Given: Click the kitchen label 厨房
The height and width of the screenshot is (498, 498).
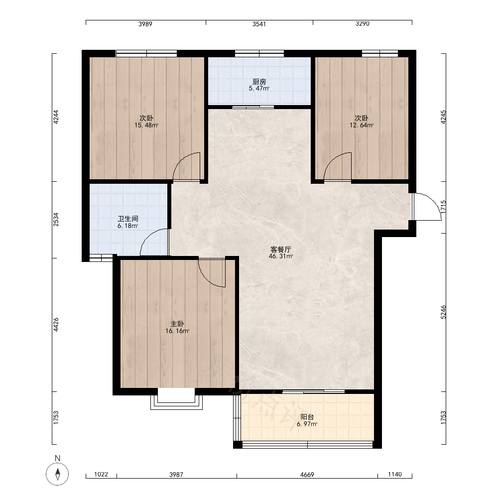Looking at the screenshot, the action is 259,82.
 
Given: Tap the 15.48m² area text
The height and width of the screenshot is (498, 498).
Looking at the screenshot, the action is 146,125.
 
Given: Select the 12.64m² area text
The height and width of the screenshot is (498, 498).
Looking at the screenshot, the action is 362,125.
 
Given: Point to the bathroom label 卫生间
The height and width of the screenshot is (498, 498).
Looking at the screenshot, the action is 127,219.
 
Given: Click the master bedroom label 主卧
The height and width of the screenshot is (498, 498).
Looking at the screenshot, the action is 177,324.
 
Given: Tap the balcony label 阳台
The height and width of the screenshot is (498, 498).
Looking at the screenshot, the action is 307,417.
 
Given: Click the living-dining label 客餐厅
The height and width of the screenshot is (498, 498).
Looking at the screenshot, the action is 280,249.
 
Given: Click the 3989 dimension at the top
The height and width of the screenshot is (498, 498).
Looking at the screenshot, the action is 145,24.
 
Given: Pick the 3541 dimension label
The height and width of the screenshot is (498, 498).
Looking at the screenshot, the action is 259,24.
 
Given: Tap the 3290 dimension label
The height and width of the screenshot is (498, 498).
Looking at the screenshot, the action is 363,24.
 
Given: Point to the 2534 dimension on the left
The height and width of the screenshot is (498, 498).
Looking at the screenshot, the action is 56,220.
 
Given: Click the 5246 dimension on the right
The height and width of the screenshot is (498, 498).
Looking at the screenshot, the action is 443,312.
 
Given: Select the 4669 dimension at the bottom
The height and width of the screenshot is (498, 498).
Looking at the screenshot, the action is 307,475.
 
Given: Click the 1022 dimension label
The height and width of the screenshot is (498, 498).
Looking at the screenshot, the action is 101,474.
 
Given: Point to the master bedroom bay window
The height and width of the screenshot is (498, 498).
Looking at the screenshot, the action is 176,401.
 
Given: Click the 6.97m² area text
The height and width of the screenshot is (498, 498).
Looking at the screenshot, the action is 307,424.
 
